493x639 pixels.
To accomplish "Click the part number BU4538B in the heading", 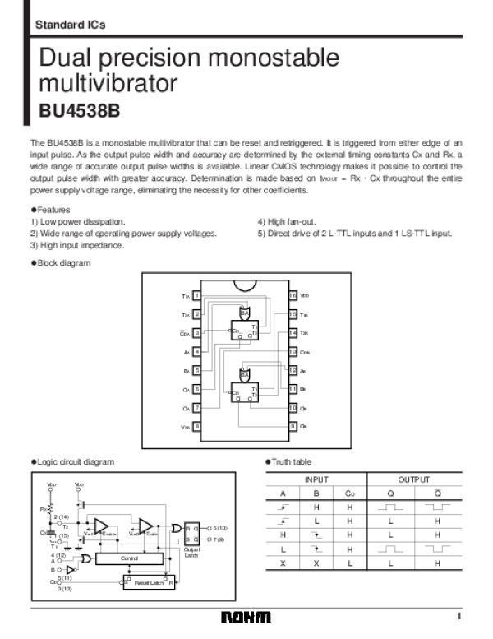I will [79, 110].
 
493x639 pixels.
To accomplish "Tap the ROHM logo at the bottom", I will [246, 618].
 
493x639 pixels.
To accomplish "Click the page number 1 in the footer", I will [460, 617].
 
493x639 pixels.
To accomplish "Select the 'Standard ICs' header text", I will [70, 25].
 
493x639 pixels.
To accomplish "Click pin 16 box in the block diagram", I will [293, 295].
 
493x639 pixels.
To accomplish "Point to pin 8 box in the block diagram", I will [196, 427].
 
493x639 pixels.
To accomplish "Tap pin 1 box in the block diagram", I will [196, 295].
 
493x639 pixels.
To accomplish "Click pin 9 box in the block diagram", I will [293, 427].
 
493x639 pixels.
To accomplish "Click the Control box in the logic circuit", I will [129, 558].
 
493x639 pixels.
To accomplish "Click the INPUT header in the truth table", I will [316, 478].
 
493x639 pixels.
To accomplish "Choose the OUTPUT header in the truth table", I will [413, 478].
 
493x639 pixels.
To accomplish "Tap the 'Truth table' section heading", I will [291, 461].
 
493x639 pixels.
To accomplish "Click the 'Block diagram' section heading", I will [63, 262].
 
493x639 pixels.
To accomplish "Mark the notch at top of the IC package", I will [245, 285].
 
